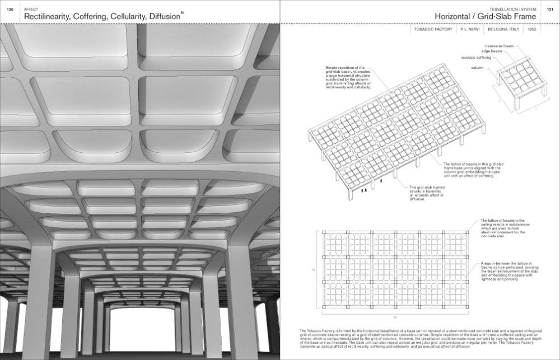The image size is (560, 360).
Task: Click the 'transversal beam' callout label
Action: point(499,45)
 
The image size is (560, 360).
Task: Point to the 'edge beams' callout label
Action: point(489,51)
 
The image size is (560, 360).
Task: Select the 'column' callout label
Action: point(477,68)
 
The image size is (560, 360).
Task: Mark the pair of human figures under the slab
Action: point(365,190)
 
